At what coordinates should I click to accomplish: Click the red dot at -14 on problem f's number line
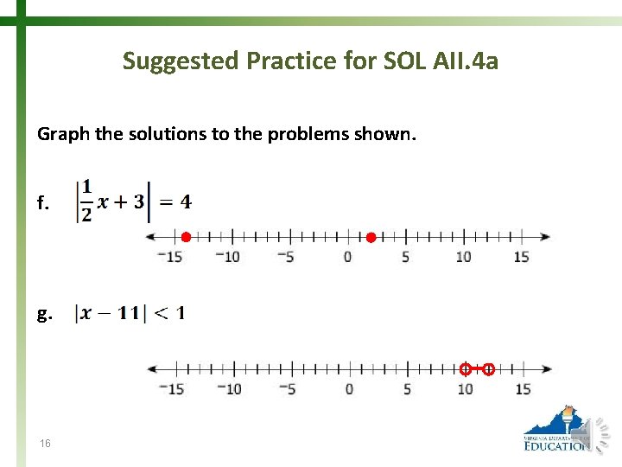click(x=186, y=237)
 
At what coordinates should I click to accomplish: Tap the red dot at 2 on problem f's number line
click(x=371, y=237)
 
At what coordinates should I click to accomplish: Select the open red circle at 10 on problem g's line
click(x=465, y=369)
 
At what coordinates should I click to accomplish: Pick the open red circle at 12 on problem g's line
click(x=488, y=369)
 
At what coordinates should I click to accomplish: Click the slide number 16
click(x=45, y=444)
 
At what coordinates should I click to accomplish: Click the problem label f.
click(x=43, y=205)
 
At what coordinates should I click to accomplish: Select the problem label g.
click(x=44, y=315)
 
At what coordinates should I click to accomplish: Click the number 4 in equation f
click(x=186, y=202)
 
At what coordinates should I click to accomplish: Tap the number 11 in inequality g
click(x=129, y=313)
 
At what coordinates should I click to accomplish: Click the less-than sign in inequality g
click(x=157, y=313)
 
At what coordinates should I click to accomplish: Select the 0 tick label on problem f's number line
click(x=347, y=257)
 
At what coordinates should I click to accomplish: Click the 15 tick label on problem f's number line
click(x=521, y=257)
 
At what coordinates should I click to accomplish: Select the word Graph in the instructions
click(x=60, y=134)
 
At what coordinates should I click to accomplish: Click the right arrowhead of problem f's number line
click(x=546, y=237)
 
